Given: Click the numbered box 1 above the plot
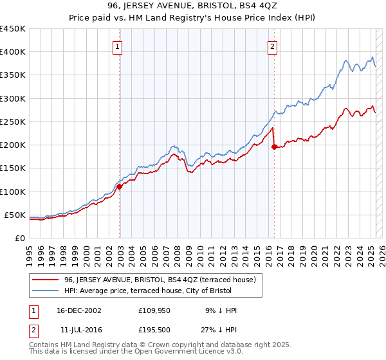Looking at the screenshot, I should click(x=119, y=46).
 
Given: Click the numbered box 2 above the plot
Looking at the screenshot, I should click(x=273, y=46).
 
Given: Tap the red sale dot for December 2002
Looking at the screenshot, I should click(x=120, y=187).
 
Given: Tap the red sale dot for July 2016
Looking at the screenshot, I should click(x=274, y=147).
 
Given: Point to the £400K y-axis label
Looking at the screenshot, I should click(x=13, y=52).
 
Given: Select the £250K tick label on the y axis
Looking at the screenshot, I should click(x=13, y=122).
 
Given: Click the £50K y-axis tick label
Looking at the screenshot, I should click(x=15, y=215).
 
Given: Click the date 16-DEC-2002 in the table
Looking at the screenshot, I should click(x=78, y=310).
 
